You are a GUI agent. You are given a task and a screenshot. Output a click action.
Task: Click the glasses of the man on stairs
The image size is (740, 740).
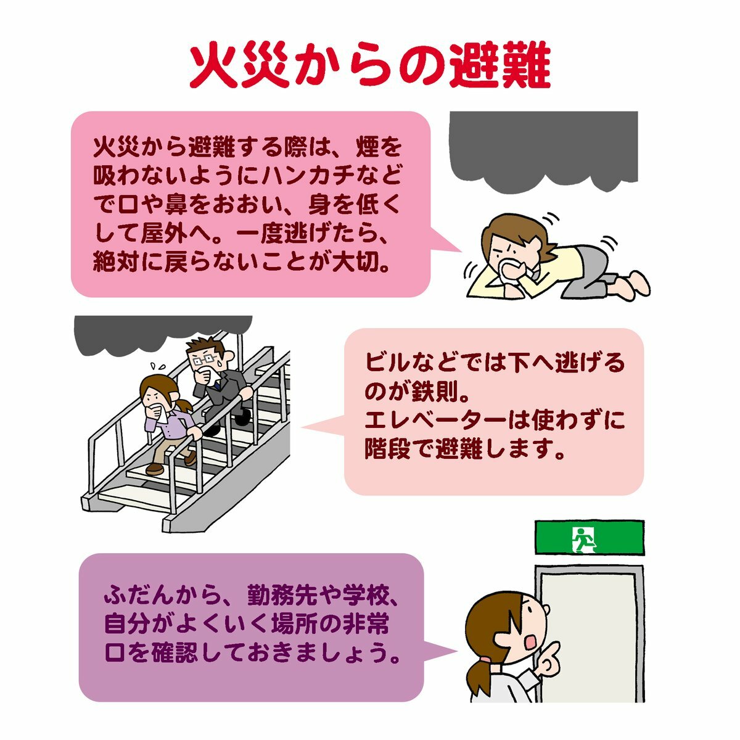pyautogui.click(x=202, y=360)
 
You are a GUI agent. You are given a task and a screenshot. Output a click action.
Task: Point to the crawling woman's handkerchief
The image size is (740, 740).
pyautogui.click(x=511, y=271)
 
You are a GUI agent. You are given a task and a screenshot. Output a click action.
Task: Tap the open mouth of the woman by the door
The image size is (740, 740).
pyautogui.click(x=532, y=642)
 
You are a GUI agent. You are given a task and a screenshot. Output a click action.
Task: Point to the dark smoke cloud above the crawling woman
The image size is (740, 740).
pyautogui.click(x=543, y=150)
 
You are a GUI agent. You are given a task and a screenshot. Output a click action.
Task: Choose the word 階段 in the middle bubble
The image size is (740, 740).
pyautogui.click(x=387, y=450)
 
